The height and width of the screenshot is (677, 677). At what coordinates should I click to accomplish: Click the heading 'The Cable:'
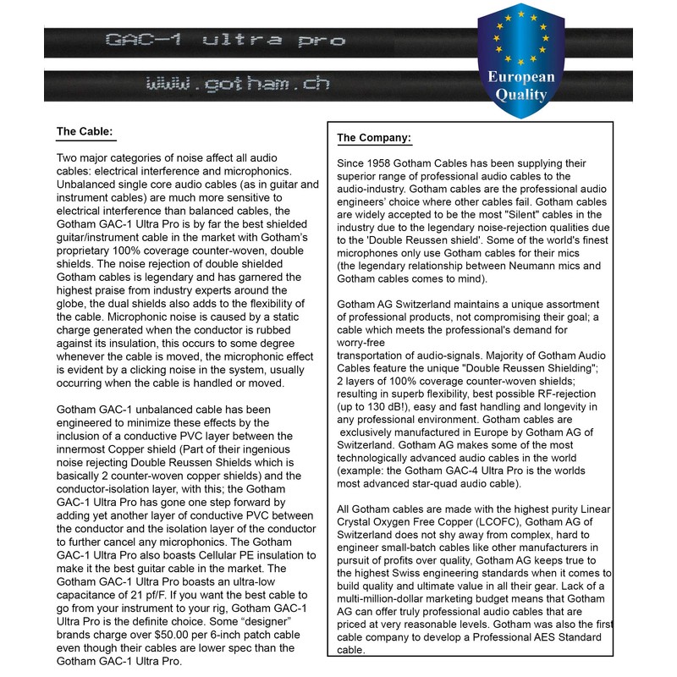(x=84, y=132)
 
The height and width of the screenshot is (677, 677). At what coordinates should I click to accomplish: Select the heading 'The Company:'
(x=374, y=138)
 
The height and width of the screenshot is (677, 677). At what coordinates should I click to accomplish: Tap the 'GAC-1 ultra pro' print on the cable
(x=223, y=40)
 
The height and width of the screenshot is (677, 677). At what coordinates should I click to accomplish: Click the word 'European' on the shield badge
(x=520, y=78)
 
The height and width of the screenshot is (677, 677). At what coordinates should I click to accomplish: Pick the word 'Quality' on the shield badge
(x=520, y=96)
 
